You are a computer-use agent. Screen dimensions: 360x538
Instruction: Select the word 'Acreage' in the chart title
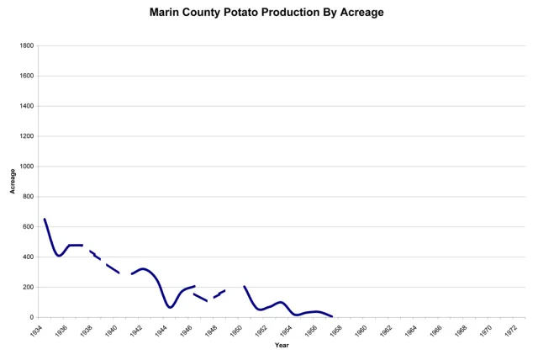(x=362, y=13)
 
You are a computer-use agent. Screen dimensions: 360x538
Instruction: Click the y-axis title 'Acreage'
(x=13, y=181)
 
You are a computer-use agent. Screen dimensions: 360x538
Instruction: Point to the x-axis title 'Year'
(x=281, y=345)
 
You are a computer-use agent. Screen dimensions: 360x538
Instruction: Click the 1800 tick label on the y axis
(x=27, y=45)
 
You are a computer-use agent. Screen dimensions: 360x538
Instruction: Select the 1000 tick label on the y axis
(x=27, y=167)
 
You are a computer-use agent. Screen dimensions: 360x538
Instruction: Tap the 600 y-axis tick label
(x=29, y=227)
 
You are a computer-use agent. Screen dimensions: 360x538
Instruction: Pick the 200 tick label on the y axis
(x=29, y=288)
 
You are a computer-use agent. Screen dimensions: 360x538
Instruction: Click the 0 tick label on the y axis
(x=32, y=318)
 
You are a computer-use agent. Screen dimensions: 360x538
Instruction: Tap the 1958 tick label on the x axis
(x=334, y=331)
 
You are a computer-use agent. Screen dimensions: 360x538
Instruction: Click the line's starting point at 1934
(x=45, y=219)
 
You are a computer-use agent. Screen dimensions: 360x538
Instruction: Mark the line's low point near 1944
(x=170, y=307)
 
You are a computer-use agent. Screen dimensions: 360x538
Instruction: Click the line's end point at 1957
(x=332, y=316)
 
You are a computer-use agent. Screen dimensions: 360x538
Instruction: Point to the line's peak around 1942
(x=143, y=269)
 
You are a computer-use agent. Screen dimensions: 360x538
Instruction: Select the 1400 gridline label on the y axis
(x=27, y=106)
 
